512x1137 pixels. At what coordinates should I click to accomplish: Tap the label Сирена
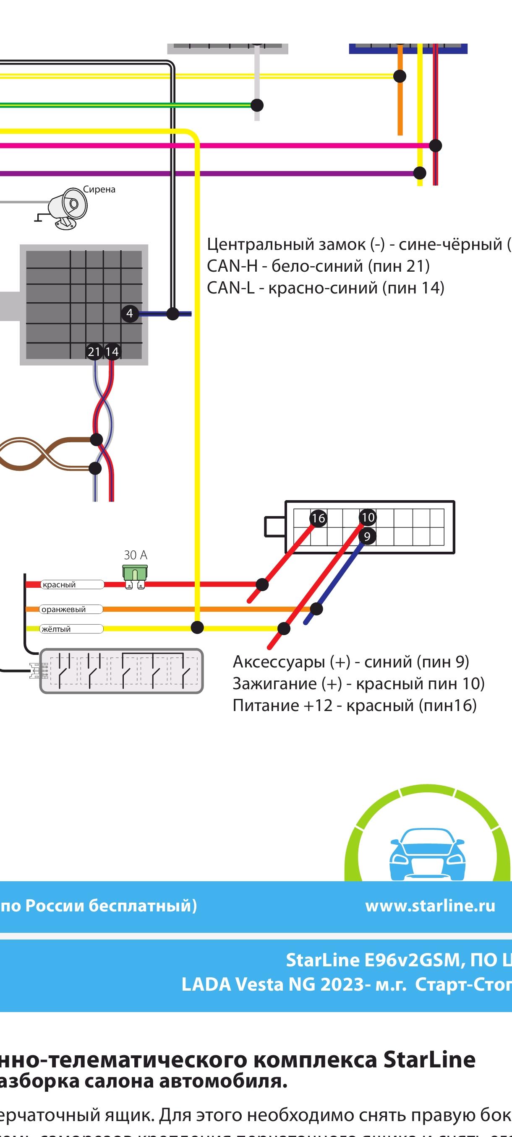coord(99,189)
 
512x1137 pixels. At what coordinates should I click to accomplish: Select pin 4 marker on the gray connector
coord(129,313)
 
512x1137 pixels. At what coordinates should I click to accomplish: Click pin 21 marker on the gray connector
coord(94,352)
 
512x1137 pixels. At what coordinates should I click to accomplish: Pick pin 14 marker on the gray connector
coord(112,352)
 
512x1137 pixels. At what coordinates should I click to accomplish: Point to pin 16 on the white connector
coord(318,518)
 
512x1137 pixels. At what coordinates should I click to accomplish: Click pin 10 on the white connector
coord(368,517)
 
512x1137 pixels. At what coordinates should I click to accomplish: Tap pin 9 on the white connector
coord(367,537)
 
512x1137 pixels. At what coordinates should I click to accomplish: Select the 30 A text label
coord(135,555)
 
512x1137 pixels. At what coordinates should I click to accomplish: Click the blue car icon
coord(427,854)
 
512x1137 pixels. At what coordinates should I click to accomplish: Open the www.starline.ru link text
coord(430,906)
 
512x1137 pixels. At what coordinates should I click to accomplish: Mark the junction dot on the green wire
coord(257,105)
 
